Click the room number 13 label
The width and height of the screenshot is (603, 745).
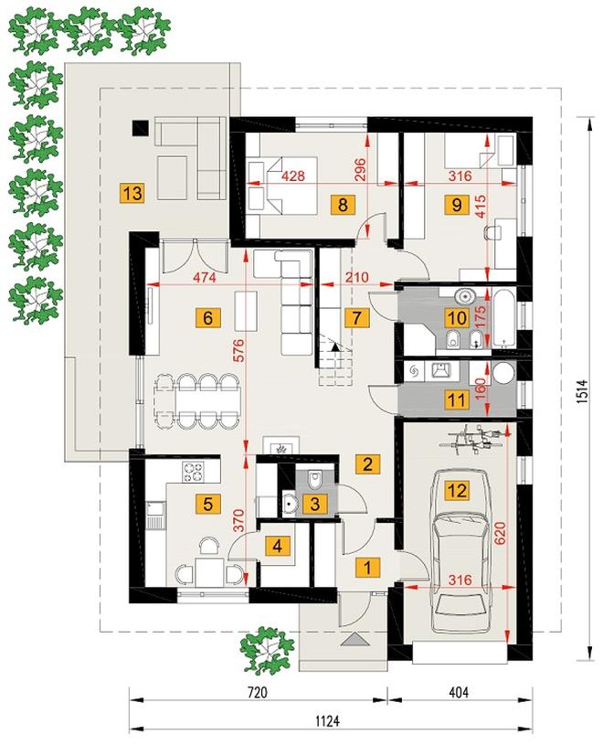click(x=132, y=194)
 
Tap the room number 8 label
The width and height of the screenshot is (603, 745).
click(x=343, y=205)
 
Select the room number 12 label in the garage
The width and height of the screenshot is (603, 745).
click(x=457, y=490)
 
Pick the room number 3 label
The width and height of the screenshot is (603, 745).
click(x=315, y=504)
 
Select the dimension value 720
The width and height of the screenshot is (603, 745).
click(x=257, y=692)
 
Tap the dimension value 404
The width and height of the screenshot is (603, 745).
click(x=459, y=692)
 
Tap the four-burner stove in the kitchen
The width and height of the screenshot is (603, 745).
click(x=193, y=473)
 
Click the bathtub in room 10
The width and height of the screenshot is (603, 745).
click(x=503, y=317)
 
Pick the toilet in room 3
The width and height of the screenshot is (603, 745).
click(x=315, y=479)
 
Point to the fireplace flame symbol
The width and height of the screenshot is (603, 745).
click(x=281, y=449)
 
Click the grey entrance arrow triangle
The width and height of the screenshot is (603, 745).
click(x=355, y=639)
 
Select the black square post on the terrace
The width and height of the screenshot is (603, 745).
click(x=140, y=128)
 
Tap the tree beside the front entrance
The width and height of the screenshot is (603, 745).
click(x=264, y=649)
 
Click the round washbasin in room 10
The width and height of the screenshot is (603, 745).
click(x=466, y=296)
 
